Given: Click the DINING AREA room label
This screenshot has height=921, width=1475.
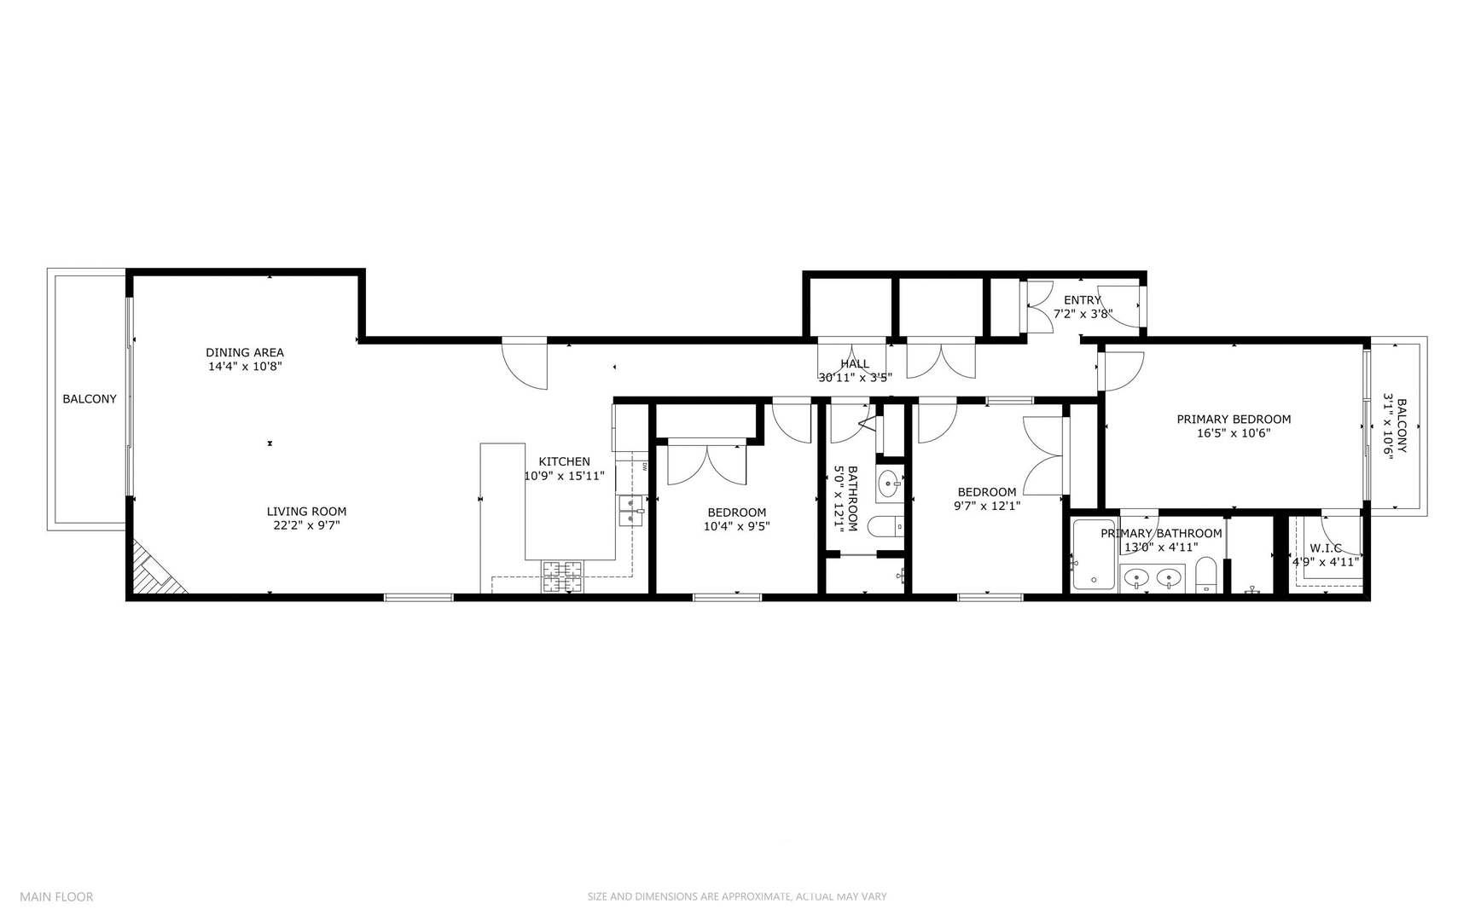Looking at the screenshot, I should tap(245, 352).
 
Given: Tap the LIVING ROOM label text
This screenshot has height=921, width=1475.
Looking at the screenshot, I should tap(306, 512).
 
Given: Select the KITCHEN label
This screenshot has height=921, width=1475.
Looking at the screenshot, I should tap(564, 461).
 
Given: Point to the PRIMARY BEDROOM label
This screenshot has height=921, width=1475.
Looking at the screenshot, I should tap(1234, 419).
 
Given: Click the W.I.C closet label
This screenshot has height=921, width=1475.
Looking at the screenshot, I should tap(1326, 547).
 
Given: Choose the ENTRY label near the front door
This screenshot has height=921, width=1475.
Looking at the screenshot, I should tap(1083, 300).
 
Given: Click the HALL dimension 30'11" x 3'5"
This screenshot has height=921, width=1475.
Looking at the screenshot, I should tap(855, 377).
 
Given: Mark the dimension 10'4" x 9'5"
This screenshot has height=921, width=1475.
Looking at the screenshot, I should tap(736, 526).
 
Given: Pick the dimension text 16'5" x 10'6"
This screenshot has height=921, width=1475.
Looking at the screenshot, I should tap(1234, 433).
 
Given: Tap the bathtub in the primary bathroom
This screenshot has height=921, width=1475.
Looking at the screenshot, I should tap(1094, 555).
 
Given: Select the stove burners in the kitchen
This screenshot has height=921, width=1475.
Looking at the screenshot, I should tap(562, 576).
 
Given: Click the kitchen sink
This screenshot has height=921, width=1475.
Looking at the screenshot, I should tap(630, 510).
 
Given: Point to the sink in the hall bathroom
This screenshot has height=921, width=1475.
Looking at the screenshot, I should tap(889, 484).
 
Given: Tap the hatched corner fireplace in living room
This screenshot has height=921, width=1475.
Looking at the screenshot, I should tap(154, 571).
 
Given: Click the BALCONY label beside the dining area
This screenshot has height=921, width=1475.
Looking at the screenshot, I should tap(90, 398).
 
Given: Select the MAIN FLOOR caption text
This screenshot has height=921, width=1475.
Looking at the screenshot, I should tap(56, 896).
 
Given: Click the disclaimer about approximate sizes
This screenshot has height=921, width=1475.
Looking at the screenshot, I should tap(736, 896).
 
